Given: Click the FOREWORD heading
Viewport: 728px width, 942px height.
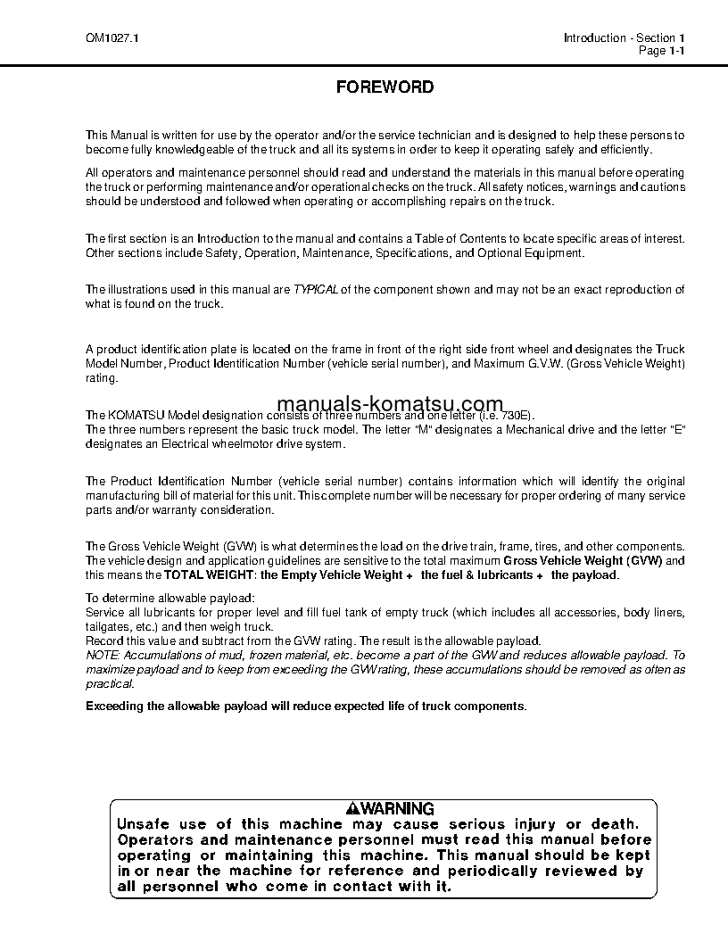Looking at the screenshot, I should (385, 87).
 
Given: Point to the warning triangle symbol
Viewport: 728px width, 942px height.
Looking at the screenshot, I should (353, 809).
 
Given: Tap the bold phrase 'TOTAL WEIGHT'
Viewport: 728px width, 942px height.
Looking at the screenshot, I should (210, 575).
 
